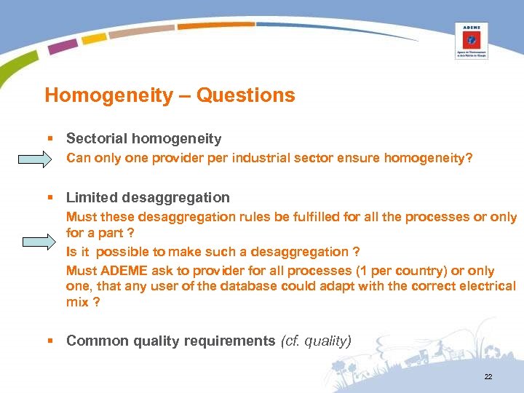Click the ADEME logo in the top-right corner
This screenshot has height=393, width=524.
471,41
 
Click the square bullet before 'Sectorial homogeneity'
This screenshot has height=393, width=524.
48,138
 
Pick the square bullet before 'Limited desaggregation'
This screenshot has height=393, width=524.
48,198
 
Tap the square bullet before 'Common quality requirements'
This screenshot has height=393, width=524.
48,341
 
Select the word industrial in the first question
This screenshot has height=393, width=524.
259,158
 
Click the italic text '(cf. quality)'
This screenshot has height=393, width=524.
316,341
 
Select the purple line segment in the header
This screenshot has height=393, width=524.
63,45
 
